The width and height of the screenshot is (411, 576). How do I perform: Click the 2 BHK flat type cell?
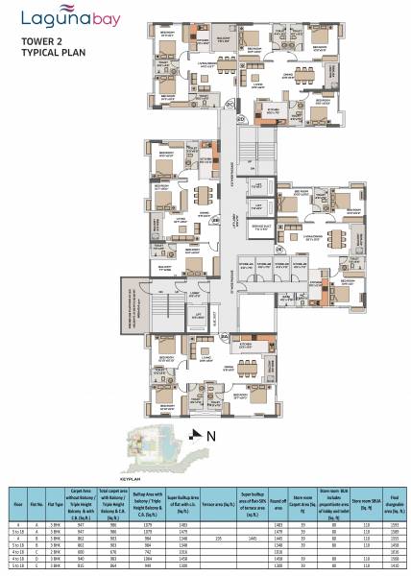coord(56,552)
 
